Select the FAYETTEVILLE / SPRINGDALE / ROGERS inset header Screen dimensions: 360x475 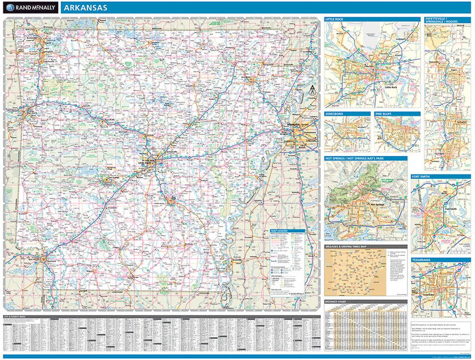tap(442, 21)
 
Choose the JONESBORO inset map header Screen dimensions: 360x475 tap(335, 114)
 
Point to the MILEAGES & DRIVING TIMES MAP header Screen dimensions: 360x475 tap(346, 247)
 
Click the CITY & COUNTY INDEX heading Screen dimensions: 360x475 tap(16, 316)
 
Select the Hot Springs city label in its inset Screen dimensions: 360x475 tap(377, 203)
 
